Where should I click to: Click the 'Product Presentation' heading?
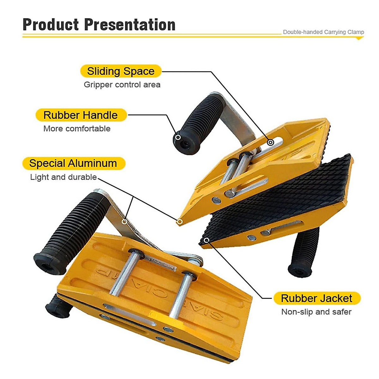click(99, 25)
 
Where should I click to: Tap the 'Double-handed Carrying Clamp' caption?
click(323, 32)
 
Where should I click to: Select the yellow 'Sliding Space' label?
click(121, 71)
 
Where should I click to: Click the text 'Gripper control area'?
click(122, 85)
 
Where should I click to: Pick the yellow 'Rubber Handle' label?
click(81, 115)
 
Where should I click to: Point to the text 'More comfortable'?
click(77, 129)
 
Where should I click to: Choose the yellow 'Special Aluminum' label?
click(73, 163)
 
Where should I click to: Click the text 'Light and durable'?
click(63, 177)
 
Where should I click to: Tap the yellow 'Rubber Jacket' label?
click(316, 298)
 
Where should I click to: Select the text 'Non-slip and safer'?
click(316, 312)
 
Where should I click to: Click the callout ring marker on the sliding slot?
click(270, 142)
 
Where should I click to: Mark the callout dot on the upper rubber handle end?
click(178, 137)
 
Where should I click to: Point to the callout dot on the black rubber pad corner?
click(207, 240)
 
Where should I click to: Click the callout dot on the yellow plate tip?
click(179, 222)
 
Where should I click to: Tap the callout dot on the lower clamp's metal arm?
click(124, 222)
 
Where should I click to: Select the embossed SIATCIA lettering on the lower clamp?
click(158, 291)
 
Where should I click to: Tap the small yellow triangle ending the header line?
click(359, 39)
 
